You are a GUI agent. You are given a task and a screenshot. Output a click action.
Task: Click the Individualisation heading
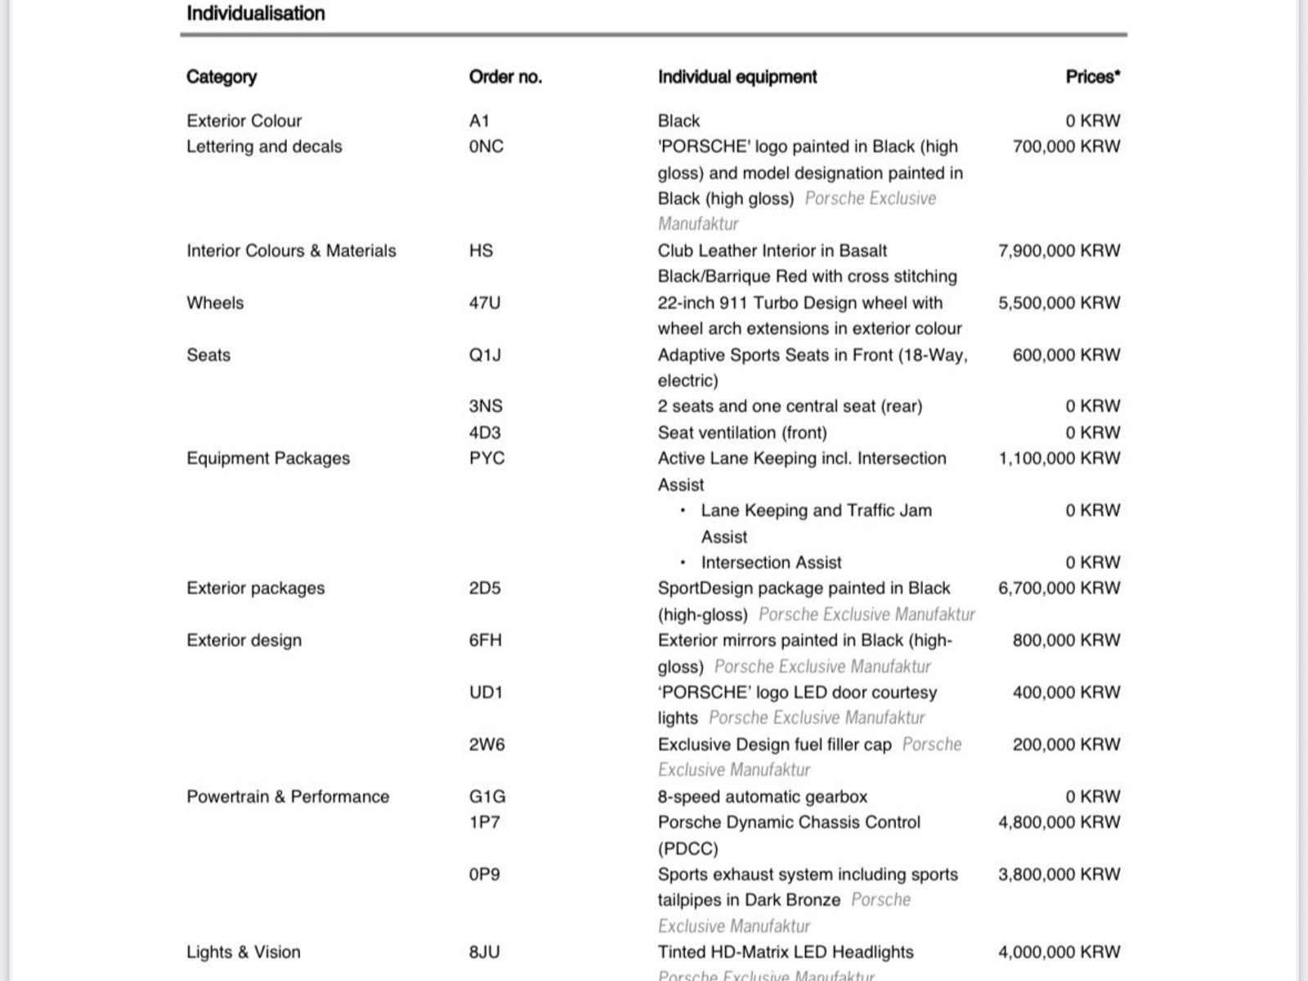255,14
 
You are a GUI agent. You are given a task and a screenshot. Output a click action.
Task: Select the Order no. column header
505,77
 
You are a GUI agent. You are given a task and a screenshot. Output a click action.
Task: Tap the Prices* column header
1092,77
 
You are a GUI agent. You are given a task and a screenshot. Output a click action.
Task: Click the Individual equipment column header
737,77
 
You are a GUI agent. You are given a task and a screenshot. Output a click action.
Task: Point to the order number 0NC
486,147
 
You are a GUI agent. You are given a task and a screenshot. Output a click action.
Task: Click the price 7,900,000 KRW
1059,251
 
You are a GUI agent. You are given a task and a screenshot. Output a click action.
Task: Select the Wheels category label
215,303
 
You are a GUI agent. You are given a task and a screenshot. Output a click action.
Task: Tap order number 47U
484,303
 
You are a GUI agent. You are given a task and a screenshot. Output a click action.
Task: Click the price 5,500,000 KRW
1059,303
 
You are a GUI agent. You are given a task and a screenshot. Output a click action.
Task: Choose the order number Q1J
485,356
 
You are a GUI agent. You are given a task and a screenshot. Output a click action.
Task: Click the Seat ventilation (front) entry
741,433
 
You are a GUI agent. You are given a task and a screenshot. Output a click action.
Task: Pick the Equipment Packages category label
268,459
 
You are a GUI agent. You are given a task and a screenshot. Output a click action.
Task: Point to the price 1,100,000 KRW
1059,459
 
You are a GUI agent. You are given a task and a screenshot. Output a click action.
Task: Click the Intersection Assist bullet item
770,563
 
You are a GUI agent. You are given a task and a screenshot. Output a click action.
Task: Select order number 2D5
484,589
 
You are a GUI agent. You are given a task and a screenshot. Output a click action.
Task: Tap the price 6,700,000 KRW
1059,589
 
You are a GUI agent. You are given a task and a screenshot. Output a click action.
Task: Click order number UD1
485,693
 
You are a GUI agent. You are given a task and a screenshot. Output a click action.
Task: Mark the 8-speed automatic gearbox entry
762,797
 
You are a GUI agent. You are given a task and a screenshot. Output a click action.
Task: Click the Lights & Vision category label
244,952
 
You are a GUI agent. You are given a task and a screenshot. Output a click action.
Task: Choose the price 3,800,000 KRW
1059,875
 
